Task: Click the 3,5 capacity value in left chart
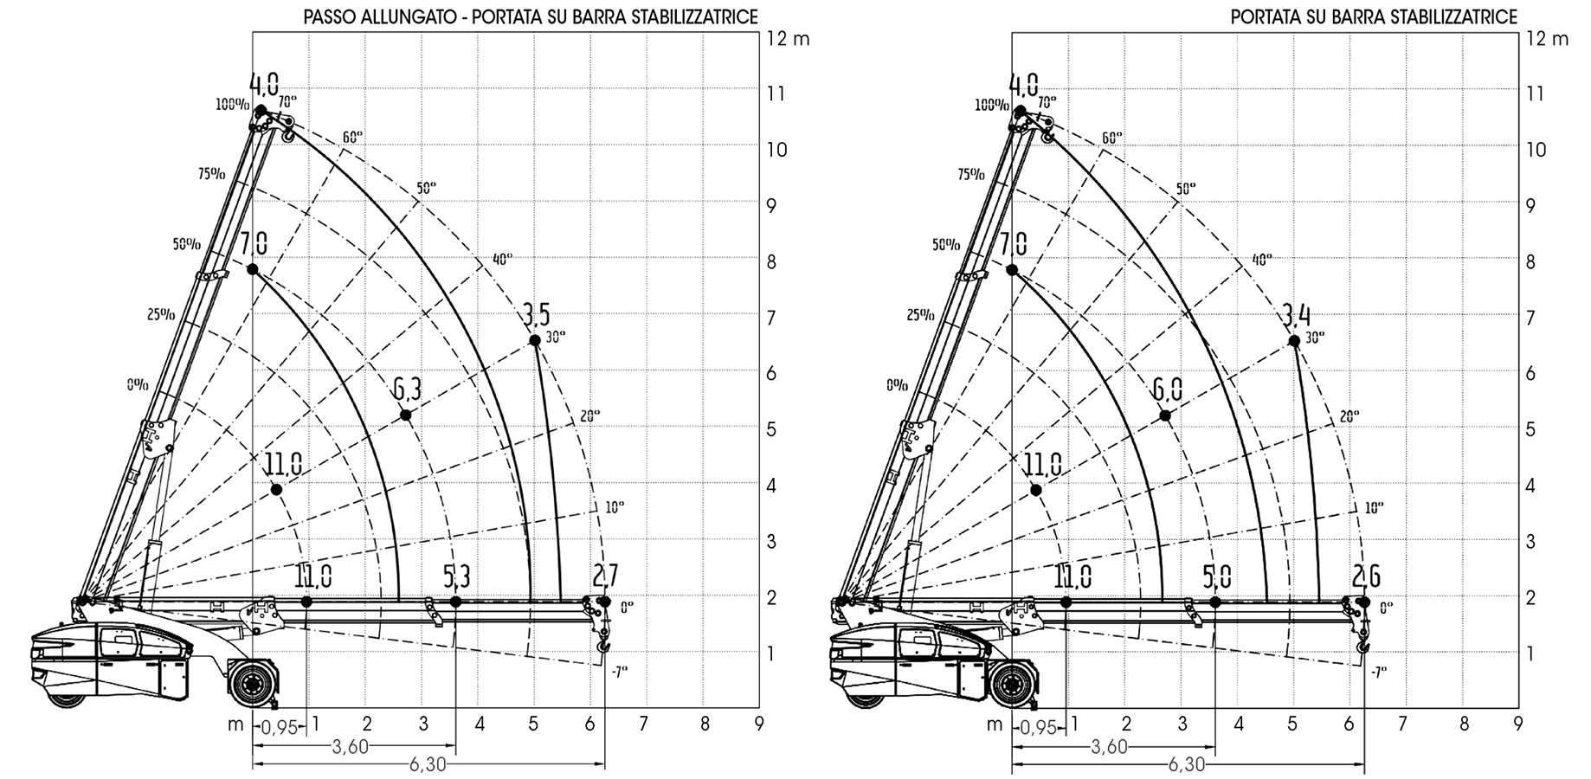(x=536, y=313)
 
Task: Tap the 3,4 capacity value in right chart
(x=1296, y=313)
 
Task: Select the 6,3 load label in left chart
(x=407, y=389)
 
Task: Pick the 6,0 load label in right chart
(x=1167, y=389)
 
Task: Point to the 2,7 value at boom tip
(x=605, y=576)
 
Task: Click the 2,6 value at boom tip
(x=1365, y=576)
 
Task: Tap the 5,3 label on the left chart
(x=456, y=576)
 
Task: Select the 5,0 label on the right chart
(x=1216, y=576)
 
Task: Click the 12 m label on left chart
(x=789, y=39)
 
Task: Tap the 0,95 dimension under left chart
(x=277, y=728)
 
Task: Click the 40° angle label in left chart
(x=502, y=258)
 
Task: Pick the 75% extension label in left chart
(x=210, y=173)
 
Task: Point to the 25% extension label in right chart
(x=920, y=315)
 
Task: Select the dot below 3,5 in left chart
(x=535, y=340)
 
